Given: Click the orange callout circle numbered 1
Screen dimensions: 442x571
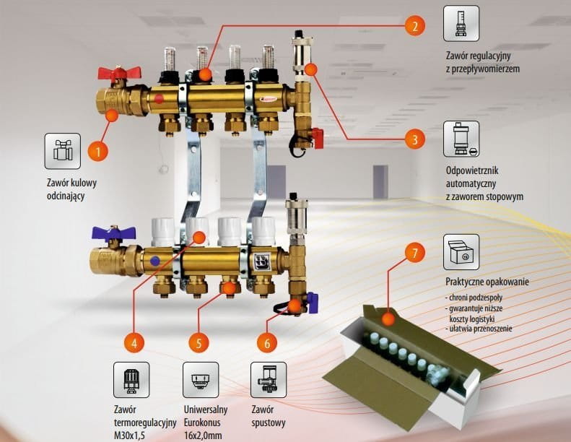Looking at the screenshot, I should [98, 152].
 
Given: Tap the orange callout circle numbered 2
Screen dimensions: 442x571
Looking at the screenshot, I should [414, 27].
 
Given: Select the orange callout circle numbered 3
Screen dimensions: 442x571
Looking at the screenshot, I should [414, 139].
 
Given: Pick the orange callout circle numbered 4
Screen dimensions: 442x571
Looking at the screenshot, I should [133, 341].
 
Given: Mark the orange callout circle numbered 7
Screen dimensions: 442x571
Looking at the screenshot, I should [414, 253].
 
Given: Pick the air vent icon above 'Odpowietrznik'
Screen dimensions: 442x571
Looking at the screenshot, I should [462, 139].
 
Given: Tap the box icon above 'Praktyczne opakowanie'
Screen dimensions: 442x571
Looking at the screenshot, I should [462, 252].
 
